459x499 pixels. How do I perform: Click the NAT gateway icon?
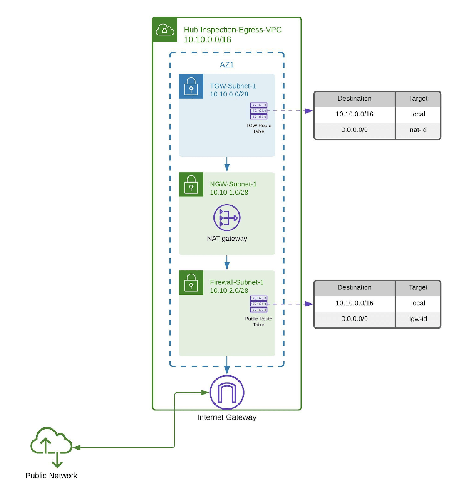tap(227, 217)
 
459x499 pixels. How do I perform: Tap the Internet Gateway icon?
tap(227, 393)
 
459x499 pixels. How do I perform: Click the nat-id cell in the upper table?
tap(418, 130)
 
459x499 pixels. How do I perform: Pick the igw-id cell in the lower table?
tap(418, 319)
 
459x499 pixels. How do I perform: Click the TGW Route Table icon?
tap(258, 111)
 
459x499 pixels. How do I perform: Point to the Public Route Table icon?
tap(258, 304)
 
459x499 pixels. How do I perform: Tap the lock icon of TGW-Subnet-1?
tap(191, 86)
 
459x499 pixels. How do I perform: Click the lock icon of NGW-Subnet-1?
tap(191, 184)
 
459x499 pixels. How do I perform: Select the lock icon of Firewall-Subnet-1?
tap(191, 283)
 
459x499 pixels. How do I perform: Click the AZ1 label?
tap(227, 65)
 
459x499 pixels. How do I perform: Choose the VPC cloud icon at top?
tap(165, 30)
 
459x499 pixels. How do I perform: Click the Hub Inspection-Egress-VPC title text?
tap(233, 30)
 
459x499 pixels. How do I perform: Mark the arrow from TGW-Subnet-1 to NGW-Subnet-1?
tap(227, 164)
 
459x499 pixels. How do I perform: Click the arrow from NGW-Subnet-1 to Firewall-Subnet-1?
tap(227, 262)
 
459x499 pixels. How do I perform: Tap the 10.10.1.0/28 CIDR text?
tap(229, 193)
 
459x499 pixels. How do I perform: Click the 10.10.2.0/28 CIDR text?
tap(229, 291)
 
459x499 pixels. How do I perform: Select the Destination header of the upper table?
tap(355, 99)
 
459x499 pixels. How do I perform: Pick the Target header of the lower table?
tap(418, 288)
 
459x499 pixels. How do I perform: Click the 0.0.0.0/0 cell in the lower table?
tap(355, 319)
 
